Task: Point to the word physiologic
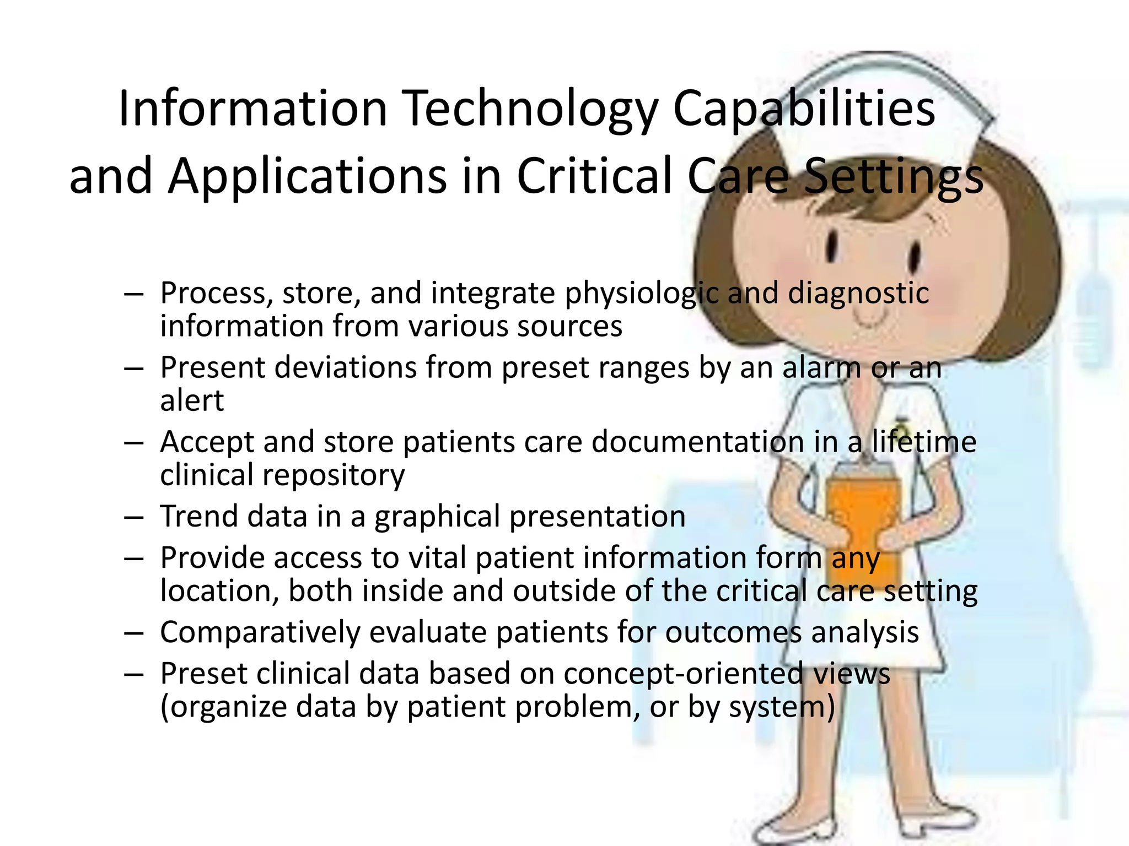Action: click(x=642, y=294)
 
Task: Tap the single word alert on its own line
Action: click(x=192, y=400)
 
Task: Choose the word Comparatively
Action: click(x=260, y=632)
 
